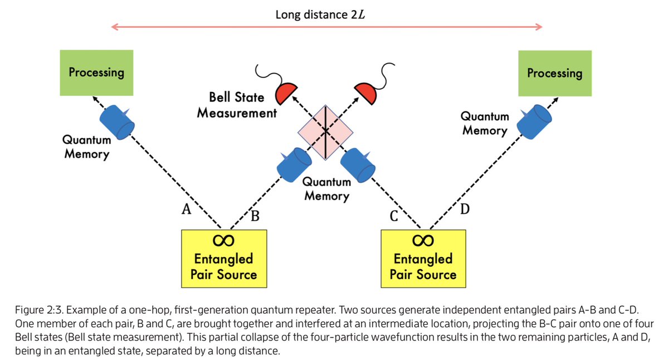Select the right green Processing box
point(554,72)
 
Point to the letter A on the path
point(186,210)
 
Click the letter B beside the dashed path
point(255,215)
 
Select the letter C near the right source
point(393,216)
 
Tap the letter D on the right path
point(465,210)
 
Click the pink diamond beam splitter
point(325,131)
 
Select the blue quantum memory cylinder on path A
point(118,120)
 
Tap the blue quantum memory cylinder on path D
point(534,120)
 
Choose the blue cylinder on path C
point(357,164)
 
